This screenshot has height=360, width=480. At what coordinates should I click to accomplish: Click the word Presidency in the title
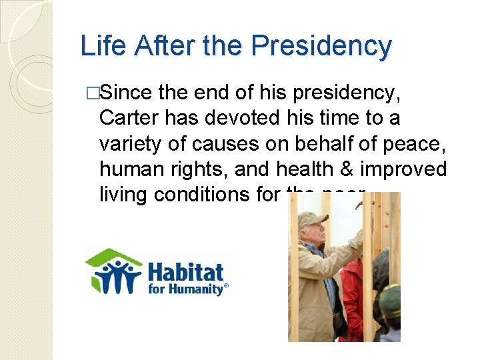(x=321, y=46)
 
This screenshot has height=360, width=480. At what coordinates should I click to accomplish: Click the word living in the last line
(x=125, y=194)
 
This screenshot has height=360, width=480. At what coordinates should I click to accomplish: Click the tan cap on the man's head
(x=311, y=219)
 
